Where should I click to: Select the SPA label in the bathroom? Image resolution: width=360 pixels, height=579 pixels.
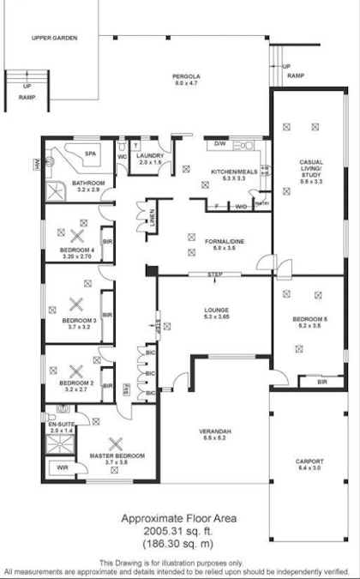point(89,154)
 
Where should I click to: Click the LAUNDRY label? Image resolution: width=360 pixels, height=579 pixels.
point(151,157)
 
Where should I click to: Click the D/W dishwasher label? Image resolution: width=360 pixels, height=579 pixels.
point(219,143)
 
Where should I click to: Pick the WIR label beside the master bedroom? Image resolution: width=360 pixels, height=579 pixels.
point(63,468)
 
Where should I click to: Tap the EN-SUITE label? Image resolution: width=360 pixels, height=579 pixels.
point(61,424)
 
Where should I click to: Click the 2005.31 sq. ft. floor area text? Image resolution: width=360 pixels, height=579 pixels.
point(178,532)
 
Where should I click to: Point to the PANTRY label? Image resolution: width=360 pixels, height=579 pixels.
point(265,204)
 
